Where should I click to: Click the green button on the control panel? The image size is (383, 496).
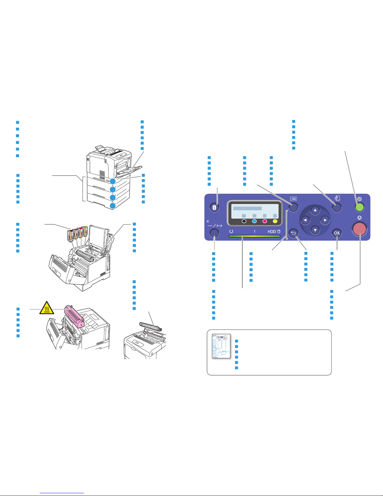click(360, 207)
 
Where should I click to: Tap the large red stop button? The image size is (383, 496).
click(360, 228)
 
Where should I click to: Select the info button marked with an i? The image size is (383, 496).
click(214, 207)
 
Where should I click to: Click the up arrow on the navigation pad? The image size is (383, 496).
click(315, 210)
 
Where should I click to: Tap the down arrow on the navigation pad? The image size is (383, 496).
click(315, 230)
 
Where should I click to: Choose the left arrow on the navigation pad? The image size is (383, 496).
click(305, 220)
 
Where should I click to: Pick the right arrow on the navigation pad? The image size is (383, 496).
click(325, 220)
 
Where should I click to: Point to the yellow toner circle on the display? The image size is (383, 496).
click(275, 221)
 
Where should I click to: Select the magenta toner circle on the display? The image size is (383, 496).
click(265, 221)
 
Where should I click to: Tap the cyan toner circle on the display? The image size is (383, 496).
click(254, 221)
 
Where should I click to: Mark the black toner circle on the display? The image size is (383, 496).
click(244, 221)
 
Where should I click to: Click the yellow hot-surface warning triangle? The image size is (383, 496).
click(47, 308)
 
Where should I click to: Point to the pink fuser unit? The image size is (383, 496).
click(74, 316)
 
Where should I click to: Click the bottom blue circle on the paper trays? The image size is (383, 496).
click(113, 206)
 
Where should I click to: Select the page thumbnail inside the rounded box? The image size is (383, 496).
click(221, 346)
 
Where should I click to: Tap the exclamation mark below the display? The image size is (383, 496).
click(254, 232)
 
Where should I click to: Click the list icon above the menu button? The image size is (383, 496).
click(293, 199)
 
